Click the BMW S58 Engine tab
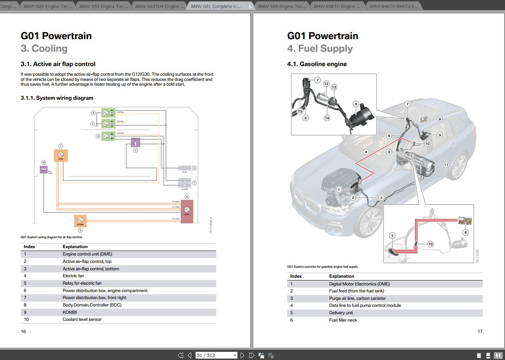tap(282, 6)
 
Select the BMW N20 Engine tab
tap(48, 6)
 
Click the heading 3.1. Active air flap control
tap(58, 64)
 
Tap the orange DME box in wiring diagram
tap(61, 155)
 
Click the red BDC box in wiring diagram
tap(187, 211)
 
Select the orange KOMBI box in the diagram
tap(80, 221)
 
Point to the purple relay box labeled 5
tap(135, 142)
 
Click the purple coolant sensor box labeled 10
tap(44, 169)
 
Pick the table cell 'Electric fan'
tap(73, 276)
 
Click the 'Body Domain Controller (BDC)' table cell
tap(92, 305)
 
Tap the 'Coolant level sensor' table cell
tap(82, 319)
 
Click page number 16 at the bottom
tap(23, 332)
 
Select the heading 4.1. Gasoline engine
tap(317, 64)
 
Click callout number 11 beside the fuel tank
tap(446, 165)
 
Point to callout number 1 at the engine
tap(339, 190)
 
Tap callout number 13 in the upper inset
tap(334, 87)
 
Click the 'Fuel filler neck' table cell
tap(343, 320)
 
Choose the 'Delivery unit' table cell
tap(341, 313)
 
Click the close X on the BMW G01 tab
tap(250, 7)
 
